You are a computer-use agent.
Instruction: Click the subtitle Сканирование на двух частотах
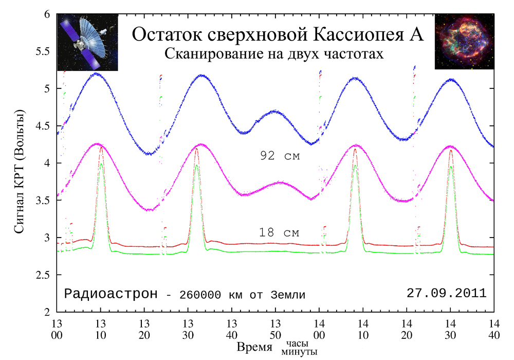pyautogui.click(x=274, y=53)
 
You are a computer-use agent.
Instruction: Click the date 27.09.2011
pyautogui.click(x=446, y=293)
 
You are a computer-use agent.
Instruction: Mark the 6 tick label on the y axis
pyautogui.click(x=47, y=15)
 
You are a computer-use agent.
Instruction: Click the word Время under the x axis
pyautogui.click(x=254, y=347)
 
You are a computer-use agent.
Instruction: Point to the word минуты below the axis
pyautogui.click(x=299, y=352)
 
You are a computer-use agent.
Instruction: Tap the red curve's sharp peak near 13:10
pyautogui.click(x=101, y=148)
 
